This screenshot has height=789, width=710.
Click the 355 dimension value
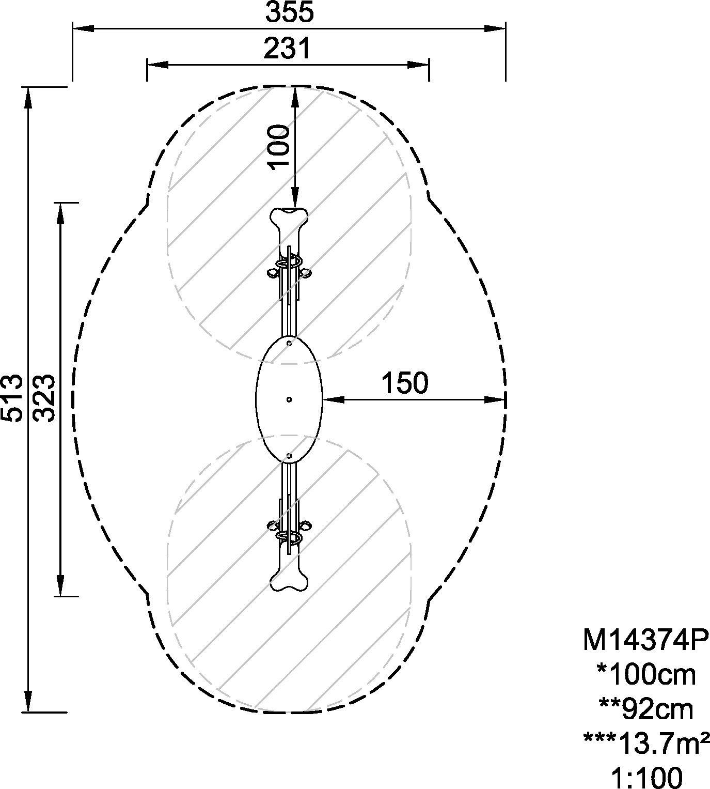click(289, 12)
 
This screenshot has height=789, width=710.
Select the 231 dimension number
click(287, 49)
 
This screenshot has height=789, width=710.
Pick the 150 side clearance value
click(405, 383)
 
